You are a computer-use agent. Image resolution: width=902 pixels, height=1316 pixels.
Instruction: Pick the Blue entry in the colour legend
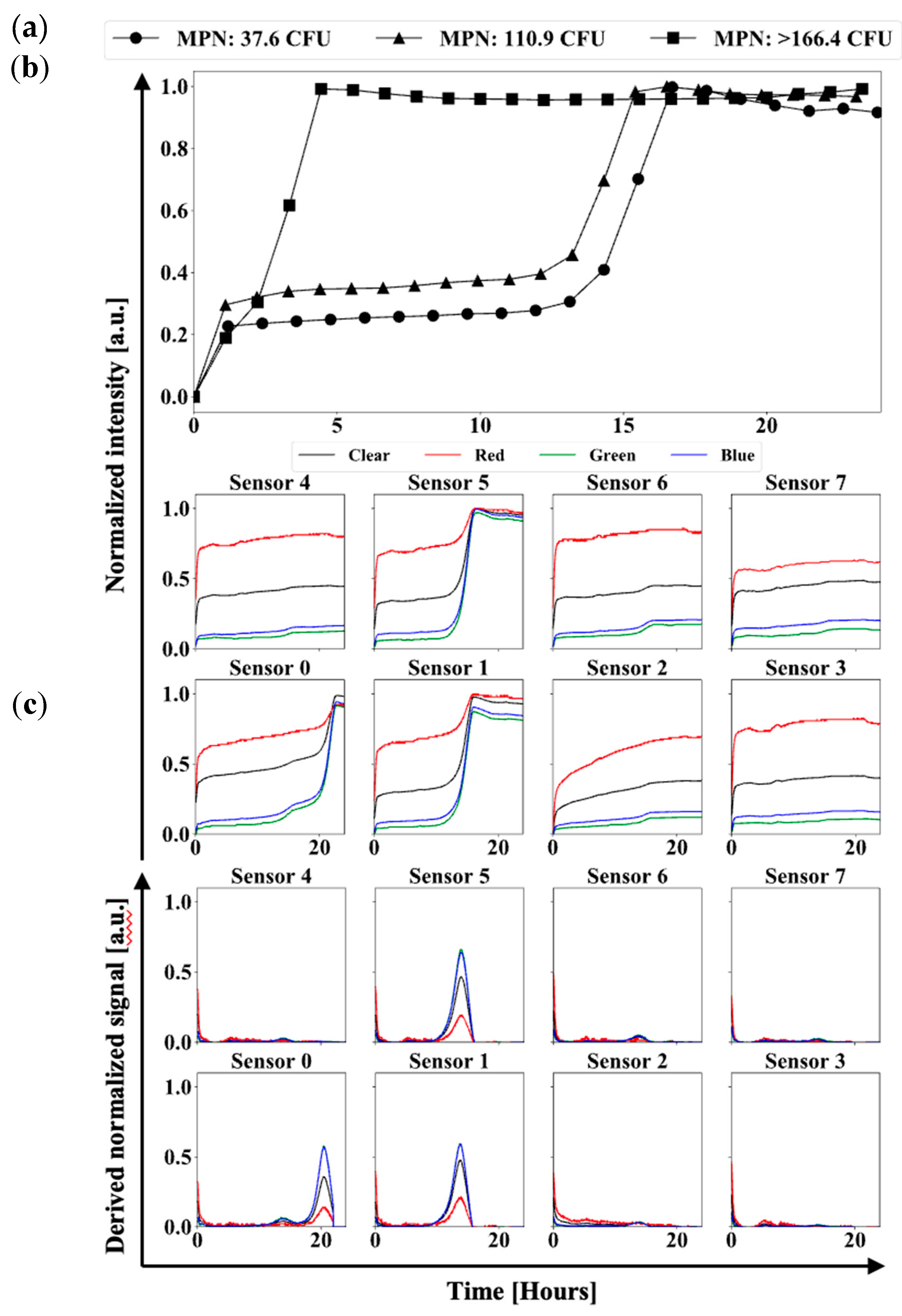click(x=737, y=455)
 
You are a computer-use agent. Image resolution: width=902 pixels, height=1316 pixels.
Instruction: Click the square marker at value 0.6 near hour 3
click(x=289, y=205)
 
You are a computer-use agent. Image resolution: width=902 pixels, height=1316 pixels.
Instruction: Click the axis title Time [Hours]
click(x=522, y=1291)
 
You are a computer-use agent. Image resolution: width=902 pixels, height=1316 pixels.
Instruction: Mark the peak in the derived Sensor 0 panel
click(x=324, y=1147)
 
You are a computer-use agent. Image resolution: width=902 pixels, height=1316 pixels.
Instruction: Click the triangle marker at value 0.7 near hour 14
click(x=604, y=181)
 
